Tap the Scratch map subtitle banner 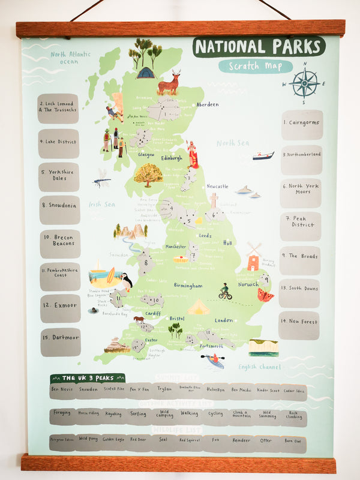click(255, 66)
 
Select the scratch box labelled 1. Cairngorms click(302, 125)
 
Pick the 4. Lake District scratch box click(59, 143)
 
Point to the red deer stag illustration click(169, 83)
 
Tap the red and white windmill click(253, 257)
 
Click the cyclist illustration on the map click(225, 292)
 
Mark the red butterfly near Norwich click(265, 295)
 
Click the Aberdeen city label click(206, 104)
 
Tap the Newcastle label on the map click(217, 187)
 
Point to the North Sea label click(232, 143)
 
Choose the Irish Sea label click(102, 205)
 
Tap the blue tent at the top click(145, 73)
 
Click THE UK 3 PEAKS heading click(88, 378)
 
